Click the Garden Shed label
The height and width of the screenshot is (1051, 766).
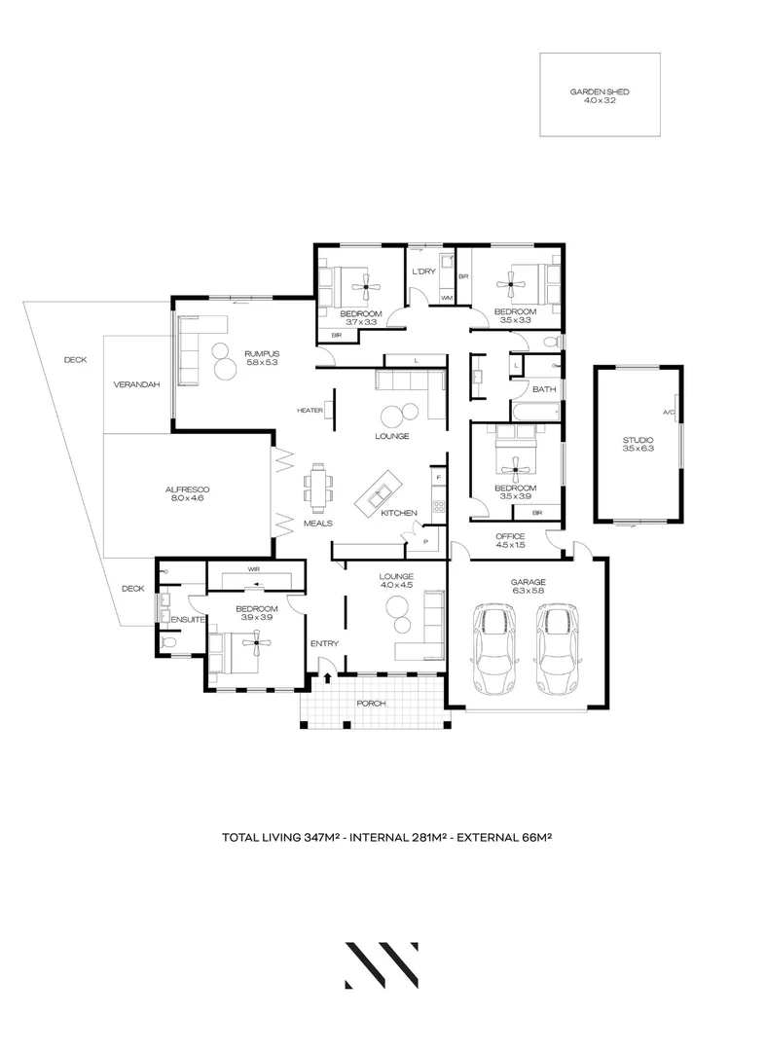[x=600, y=94]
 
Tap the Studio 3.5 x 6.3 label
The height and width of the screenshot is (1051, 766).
[x=638, y=445]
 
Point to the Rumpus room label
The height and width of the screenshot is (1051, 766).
[x=262, y=357]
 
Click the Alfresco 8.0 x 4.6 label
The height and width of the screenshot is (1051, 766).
[x=187, y=493]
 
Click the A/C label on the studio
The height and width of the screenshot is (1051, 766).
[x=669, y=414]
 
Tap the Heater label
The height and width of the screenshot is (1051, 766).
[x=310, y=411]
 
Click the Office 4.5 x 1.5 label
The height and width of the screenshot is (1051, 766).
[x=510, y=541]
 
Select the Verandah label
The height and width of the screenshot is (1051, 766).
[x=136, y=384]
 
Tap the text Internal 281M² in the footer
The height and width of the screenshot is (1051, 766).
[x=401, y=836]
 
